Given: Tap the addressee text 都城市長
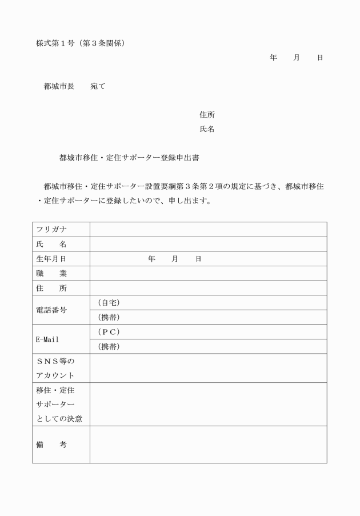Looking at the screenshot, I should (x=59, y=86).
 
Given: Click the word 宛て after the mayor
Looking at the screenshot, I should (x=98, y=86).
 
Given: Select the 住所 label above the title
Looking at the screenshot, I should (x=207, y=115).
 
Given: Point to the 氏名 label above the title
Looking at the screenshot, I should (x=207, y=129).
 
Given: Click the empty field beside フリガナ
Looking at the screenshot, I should (x=208, y=230).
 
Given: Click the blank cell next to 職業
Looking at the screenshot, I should (x=208, y=274).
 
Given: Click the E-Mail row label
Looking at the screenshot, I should (x=47, y=339).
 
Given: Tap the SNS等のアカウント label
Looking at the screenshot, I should (x=55, y=368).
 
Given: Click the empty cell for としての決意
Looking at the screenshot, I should (x=208, y=404).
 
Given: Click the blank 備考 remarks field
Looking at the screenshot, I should (x=208, y=444).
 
